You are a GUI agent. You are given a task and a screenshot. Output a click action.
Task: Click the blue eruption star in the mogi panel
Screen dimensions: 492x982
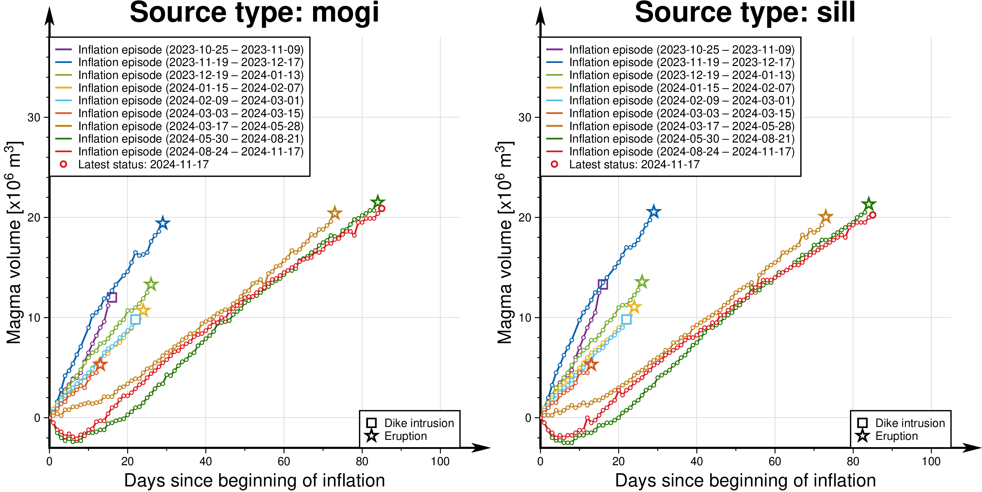pos(163,223)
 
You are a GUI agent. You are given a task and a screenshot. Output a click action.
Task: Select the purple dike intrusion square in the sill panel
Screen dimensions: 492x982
pos(603,284)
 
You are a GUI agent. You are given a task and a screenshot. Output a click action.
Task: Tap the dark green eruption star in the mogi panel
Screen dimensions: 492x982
pos(377,202)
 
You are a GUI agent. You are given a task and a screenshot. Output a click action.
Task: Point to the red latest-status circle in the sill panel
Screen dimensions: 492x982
pos(873,215)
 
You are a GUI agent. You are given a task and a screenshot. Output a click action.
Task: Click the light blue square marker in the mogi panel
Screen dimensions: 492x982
pos(135,319)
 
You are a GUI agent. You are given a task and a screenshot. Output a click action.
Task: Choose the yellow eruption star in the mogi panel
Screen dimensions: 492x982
pos(143,310)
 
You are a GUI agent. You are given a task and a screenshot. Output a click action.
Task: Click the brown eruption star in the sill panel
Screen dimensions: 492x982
pos(826,217)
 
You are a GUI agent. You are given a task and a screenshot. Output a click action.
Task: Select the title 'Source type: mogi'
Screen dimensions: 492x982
pos(254,13)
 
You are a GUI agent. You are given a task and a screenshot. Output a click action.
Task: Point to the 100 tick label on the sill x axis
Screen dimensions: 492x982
pos(931,461)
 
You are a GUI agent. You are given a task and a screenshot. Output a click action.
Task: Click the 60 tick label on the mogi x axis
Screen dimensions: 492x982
pos(284,461)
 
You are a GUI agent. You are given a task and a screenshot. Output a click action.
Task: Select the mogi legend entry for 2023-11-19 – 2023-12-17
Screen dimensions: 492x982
pos(191,62)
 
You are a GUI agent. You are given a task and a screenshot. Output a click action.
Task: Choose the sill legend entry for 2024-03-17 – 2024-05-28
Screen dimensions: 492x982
pos(682,126)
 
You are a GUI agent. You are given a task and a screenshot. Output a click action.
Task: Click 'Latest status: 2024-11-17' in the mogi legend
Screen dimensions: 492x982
pos(143,164)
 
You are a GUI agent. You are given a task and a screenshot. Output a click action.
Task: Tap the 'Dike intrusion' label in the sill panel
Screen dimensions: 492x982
pos(910,423)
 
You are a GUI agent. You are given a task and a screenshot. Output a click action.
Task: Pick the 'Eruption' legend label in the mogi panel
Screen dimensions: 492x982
pos(406,436)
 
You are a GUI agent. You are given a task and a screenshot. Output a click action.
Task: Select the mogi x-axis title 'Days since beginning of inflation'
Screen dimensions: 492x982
pos(254,480)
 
